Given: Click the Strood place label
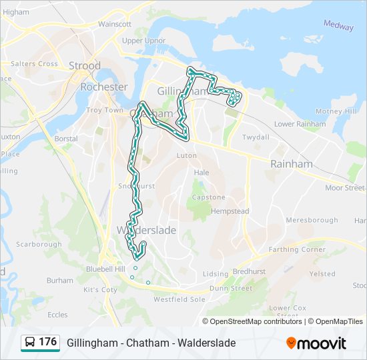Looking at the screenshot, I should (x=85, y=66).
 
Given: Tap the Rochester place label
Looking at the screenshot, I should (x=103, y=87).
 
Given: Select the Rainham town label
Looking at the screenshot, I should (x=291, y=164).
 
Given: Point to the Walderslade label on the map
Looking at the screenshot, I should (x=146, y=230).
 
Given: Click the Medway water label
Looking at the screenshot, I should (x=338, y=25).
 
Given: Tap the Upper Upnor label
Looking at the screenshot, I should (x=143, y=41).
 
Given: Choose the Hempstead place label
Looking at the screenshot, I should (x=230, y=211).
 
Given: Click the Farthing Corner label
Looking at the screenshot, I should (x=297, y=250).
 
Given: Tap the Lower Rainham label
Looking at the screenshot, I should (x=300, y=124).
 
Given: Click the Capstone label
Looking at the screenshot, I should (x=208, y=197).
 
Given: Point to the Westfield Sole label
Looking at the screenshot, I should (x=179, y=299).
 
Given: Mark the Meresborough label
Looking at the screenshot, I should (x=312, y=220).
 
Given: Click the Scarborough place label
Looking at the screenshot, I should (x=39, y=245).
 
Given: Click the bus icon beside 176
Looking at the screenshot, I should (x=30, y=343).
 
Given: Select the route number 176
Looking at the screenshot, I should (x=47, y=342).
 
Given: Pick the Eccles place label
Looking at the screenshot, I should (x=57, y=315).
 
